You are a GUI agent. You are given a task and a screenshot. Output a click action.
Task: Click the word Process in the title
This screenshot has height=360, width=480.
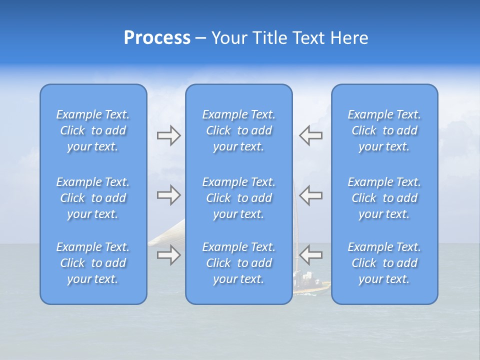(x=157, y=38)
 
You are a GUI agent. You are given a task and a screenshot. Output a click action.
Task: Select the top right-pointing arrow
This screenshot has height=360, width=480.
(x=168, y=135)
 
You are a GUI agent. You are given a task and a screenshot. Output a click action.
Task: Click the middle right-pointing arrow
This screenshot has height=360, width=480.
(x=168, y=195)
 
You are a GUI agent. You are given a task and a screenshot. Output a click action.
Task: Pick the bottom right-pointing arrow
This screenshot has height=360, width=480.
(x=168, y=255)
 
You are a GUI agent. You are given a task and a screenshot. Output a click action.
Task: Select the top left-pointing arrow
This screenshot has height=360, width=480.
(x=310, y=135)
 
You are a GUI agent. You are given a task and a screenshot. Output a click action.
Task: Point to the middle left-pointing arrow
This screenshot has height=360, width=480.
(x=310, y=195)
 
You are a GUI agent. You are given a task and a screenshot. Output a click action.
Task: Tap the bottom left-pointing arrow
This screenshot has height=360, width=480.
(x=310, y=255)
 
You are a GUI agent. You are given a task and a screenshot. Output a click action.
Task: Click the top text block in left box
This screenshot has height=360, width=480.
(x=93, y=130)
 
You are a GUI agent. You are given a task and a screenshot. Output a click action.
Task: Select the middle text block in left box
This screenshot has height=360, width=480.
(x=93, y=198)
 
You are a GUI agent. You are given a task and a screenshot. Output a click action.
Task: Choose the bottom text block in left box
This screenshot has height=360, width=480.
(x=93, y=263)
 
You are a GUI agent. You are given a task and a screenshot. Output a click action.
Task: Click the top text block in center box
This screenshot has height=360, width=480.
(x=238, y=130)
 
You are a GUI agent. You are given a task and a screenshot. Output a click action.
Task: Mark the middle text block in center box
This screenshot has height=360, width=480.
(x=238, y=198)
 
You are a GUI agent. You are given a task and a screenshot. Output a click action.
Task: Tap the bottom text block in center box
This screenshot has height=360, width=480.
(x=238, y=263)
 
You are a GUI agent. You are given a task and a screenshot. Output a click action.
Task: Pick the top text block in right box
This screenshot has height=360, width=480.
(x=384, y=130)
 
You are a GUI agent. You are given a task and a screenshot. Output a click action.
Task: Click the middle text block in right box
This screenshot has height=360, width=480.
(x=384, y=198)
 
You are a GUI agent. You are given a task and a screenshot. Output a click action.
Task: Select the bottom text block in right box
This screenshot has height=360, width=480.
(x=384, y=263)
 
